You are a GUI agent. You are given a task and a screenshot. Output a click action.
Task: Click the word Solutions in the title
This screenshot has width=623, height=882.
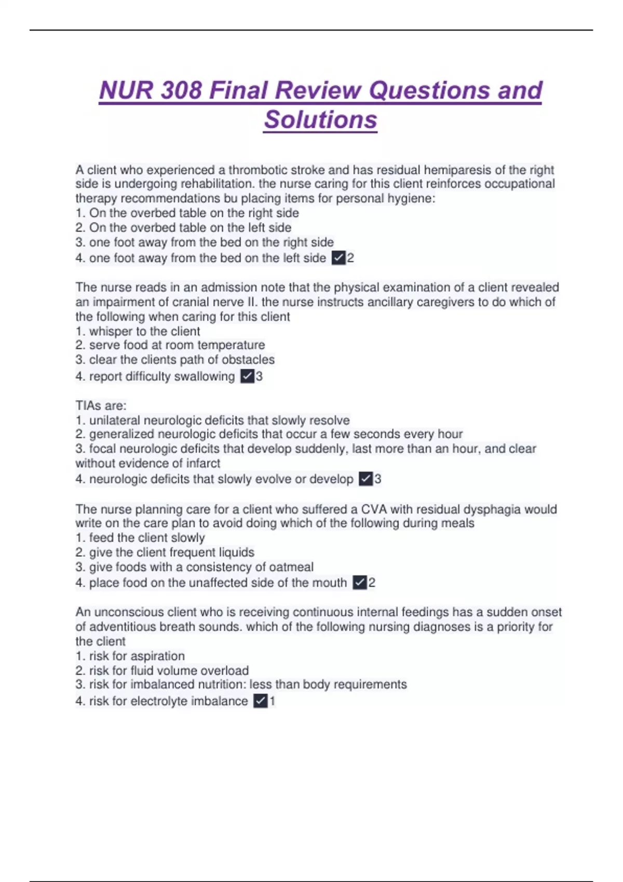click(x=320, y=119)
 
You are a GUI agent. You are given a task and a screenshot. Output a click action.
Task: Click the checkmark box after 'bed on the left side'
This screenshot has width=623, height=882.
click(x=338, y=258)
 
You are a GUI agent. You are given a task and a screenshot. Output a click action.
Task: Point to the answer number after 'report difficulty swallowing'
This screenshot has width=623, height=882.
click(x=260, y=376)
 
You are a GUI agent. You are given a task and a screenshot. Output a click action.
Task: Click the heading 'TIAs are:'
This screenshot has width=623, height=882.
click(x=101, y=405)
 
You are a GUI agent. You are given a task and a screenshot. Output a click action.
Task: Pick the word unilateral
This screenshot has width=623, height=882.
click(x=114, y=420)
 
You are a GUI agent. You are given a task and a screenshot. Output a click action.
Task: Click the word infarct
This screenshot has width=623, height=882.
click(x=200, y=463)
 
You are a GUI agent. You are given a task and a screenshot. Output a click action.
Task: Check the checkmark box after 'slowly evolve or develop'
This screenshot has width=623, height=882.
click(x=365, y=479)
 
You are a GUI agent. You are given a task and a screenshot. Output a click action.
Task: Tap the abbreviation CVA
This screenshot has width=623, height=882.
click(x=374, y=509)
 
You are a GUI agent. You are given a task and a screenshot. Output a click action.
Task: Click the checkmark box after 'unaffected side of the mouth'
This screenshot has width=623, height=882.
click(x=359, y=583)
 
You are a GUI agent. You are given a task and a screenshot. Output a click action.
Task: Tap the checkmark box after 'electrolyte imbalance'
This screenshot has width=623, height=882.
click(x=260, y=701)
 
